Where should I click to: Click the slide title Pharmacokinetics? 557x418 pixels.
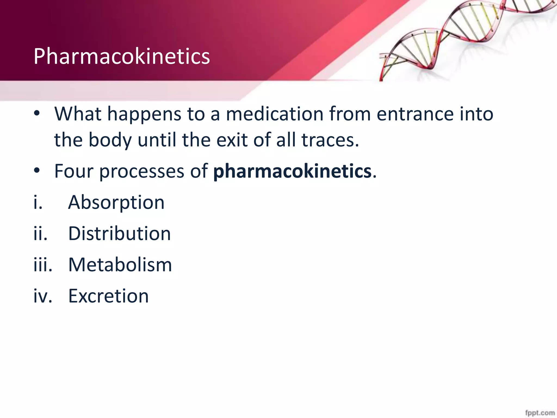pos(122,56)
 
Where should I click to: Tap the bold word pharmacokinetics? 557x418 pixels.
pos(292,171)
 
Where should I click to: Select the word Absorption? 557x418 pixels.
pos(116,203)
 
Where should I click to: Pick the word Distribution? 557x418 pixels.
pos(119,234)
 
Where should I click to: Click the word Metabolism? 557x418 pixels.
pos(120,265)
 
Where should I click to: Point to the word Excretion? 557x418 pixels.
pos(108,296)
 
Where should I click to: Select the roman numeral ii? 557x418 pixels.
pos(40,234)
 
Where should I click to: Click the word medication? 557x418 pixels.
pos(275,114)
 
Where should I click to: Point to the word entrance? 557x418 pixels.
pos(415,114)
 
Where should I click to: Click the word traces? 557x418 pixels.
pos(330,140)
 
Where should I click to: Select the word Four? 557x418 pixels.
pos(74,171)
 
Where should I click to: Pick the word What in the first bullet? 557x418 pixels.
pos(78,114)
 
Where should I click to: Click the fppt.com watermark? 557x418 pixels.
pos(540,413)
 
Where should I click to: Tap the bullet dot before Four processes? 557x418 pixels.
pos(37,171)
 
